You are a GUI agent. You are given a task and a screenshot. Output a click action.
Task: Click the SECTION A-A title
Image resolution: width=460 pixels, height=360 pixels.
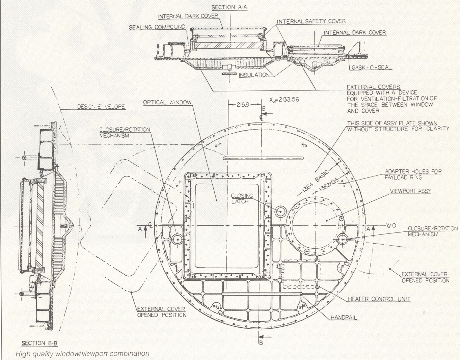point(229,7)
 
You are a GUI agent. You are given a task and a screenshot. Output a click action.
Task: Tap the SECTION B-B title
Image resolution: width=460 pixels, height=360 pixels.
point(39,343)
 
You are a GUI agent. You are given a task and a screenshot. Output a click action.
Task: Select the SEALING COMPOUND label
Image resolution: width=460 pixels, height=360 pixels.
point(157,27)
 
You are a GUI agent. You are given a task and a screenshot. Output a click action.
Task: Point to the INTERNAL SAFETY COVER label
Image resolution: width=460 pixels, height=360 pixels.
point(311,21)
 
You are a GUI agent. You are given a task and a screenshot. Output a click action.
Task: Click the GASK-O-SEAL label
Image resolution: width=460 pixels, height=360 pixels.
point(372,67)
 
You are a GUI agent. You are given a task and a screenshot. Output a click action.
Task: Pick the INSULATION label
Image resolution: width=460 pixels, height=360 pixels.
point(254,75)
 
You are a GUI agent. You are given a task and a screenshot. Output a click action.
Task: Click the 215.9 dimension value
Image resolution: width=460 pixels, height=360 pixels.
point(243,105)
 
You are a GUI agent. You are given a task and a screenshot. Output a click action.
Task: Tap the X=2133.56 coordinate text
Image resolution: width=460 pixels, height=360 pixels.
point(284,100)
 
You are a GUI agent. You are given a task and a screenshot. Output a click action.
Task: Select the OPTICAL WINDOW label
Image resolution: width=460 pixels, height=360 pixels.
point(167,102)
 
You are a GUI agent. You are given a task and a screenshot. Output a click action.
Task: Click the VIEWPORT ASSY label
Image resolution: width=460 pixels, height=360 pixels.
point(410,191)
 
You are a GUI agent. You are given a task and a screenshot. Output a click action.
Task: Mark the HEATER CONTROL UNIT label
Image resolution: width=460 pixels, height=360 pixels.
point(379,299)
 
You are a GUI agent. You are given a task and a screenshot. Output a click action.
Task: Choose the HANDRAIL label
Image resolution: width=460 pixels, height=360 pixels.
point(344,317)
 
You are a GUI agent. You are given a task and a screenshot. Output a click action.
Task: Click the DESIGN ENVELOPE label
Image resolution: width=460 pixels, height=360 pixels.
point(101,107)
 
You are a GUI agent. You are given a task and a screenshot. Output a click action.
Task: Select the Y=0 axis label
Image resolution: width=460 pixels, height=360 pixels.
point(390,225)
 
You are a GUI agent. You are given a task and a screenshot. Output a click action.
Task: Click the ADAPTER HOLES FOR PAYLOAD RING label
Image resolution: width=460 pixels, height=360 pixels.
point(413,174)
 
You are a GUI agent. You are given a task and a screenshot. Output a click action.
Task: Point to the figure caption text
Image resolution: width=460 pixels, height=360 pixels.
point(82,354)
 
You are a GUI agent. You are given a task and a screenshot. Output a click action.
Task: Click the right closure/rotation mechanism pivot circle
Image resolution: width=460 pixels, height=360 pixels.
point(342,239)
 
